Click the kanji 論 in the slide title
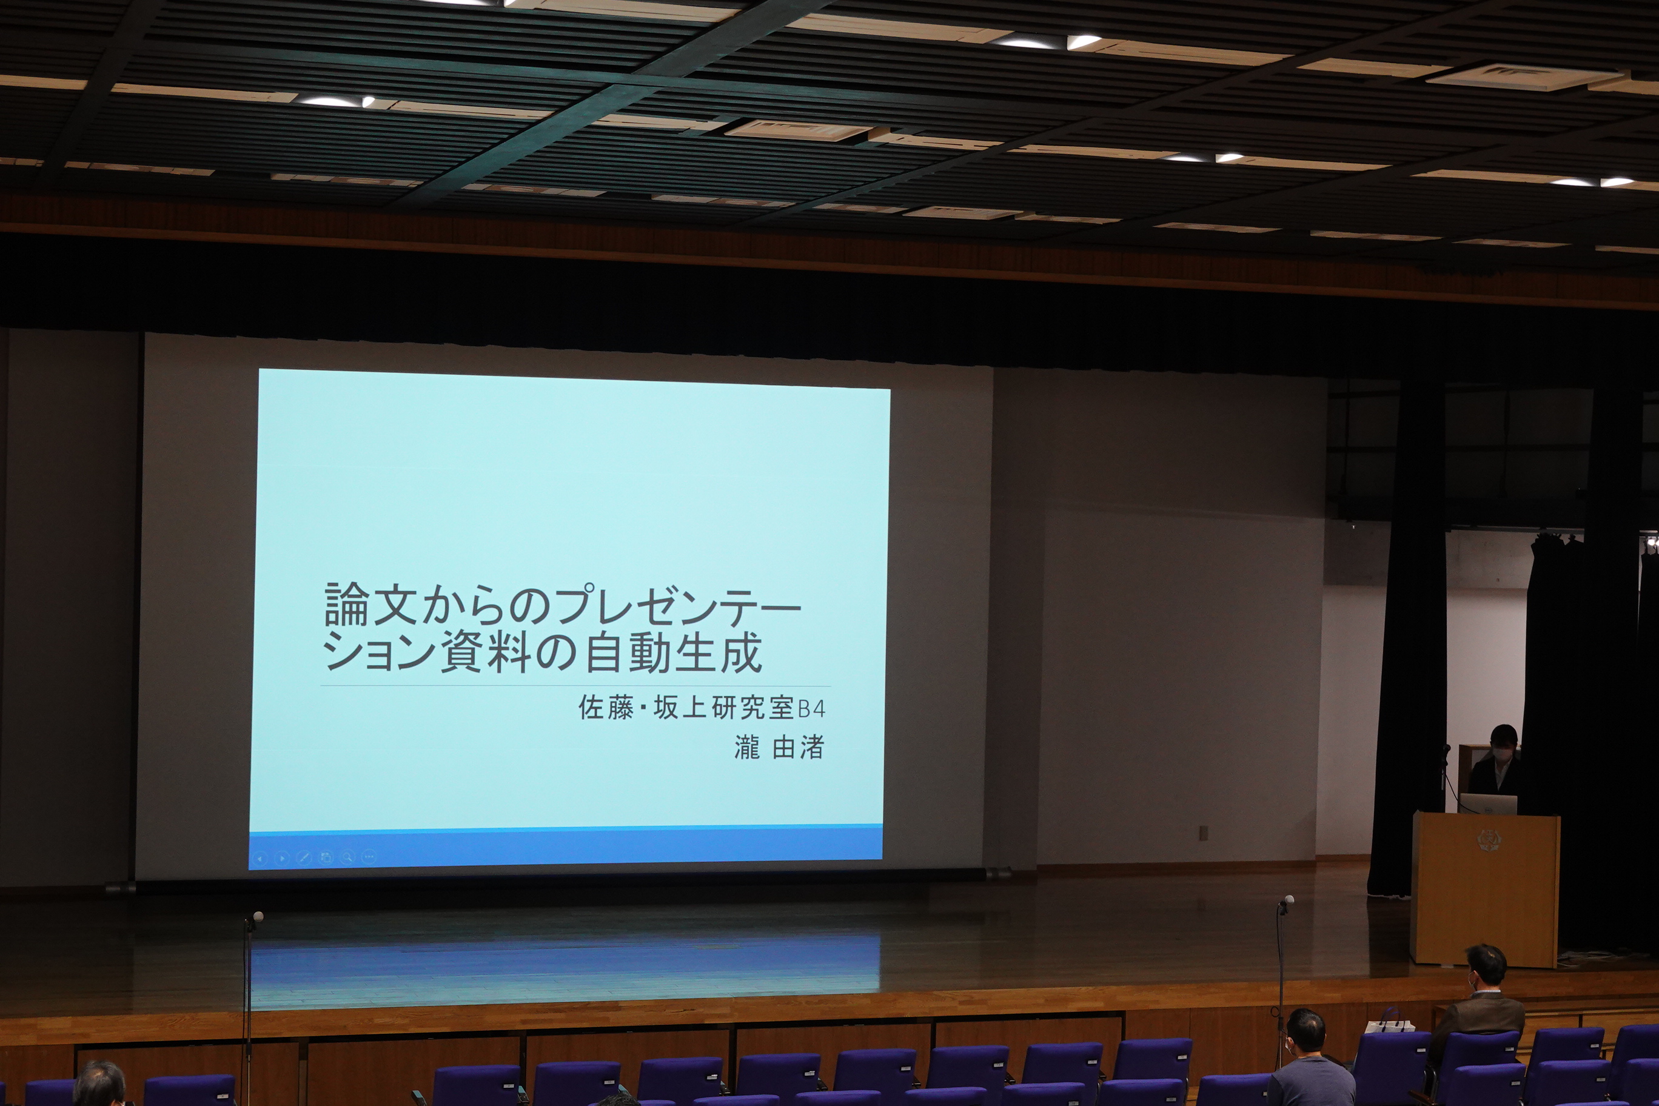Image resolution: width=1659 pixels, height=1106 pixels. tap(347, 605)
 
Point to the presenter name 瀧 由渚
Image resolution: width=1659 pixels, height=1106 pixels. tap(779, 747)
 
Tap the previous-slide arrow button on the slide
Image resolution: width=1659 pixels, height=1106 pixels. tap(260, 859)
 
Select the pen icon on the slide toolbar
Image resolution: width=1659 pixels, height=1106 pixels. tap(304, 859)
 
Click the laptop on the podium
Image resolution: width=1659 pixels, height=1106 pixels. tap(1488, 804)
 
